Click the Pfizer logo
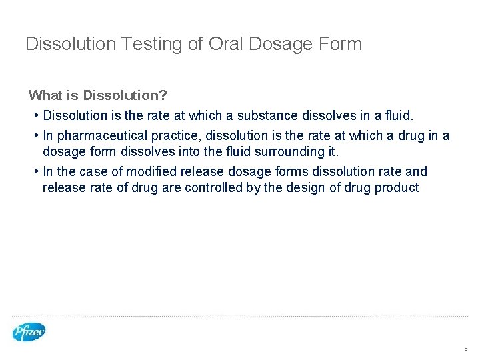coord(29,331)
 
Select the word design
coord(305,187)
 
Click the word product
coord(397,187)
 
